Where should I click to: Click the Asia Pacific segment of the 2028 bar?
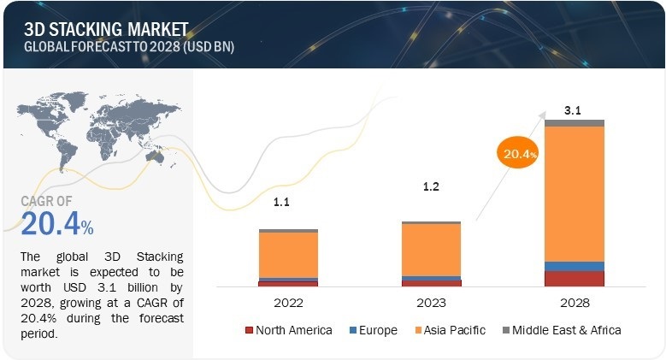click(x=575, y=193)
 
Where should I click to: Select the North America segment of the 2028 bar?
click(x=575, y=278)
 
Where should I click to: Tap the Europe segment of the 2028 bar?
click(x=575, y=266)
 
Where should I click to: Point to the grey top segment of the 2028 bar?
click(x=575, y=123)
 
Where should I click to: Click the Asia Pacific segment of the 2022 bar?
click(x=288, y=254)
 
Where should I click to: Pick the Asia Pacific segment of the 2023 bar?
click(x=431, y=249)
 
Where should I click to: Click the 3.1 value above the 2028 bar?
click(x=574, y=110)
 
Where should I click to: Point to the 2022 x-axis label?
click(x=288, y=303)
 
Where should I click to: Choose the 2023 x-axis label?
click(x=431, y=303)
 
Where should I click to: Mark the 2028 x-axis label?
click(x=574, y=303)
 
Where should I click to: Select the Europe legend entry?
click(x=373, y=330)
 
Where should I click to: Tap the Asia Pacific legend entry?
click(x=448, y=330)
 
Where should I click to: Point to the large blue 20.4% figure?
click(x=56, y=225)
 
